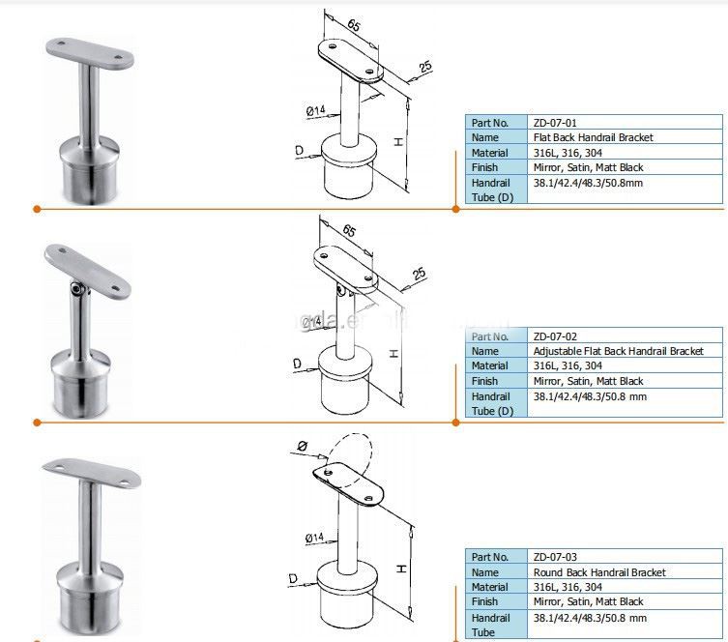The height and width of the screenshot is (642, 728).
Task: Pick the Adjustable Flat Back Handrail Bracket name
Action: coord(618,351)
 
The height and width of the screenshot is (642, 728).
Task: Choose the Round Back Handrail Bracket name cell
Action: coord(599,572)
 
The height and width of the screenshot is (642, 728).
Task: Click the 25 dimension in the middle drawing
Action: coord(418,276)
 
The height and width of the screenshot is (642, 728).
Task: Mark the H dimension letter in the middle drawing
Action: coord(395,354)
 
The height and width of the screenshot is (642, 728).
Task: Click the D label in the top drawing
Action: coord(301,151)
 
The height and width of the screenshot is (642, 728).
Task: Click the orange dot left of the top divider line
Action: coord(36,209)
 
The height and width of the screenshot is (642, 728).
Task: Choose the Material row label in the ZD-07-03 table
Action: coord(489,587)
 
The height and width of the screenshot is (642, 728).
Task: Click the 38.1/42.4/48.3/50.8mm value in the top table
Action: coord(587,183)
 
